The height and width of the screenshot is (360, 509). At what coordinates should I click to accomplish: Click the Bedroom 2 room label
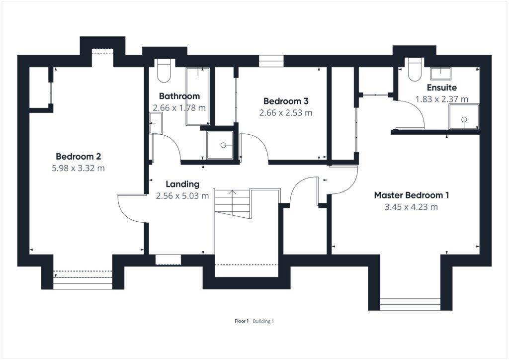coord(78,156)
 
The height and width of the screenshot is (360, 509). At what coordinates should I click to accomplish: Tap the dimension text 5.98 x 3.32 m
coord(78,168)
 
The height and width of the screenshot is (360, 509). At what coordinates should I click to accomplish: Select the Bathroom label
coord(179,96)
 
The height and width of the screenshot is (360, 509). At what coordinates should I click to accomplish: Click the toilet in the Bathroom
coord(163,71)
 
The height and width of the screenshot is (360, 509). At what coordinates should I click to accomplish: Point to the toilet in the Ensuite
coord(414,70)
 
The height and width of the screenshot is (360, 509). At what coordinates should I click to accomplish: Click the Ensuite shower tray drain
coord(464,119)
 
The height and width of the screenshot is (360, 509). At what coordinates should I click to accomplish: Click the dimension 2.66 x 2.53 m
coord(286,113)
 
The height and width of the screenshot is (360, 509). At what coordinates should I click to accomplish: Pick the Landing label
coord(182,184)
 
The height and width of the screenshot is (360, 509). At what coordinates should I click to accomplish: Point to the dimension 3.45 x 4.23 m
coord(411,207)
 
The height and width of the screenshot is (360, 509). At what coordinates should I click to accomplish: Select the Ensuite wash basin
coord(439,74)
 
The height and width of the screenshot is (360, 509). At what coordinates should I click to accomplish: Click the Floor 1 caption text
coord(242,321)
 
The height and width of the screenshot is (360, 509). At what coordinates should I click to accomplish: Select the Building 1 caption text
coord(263,321)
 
